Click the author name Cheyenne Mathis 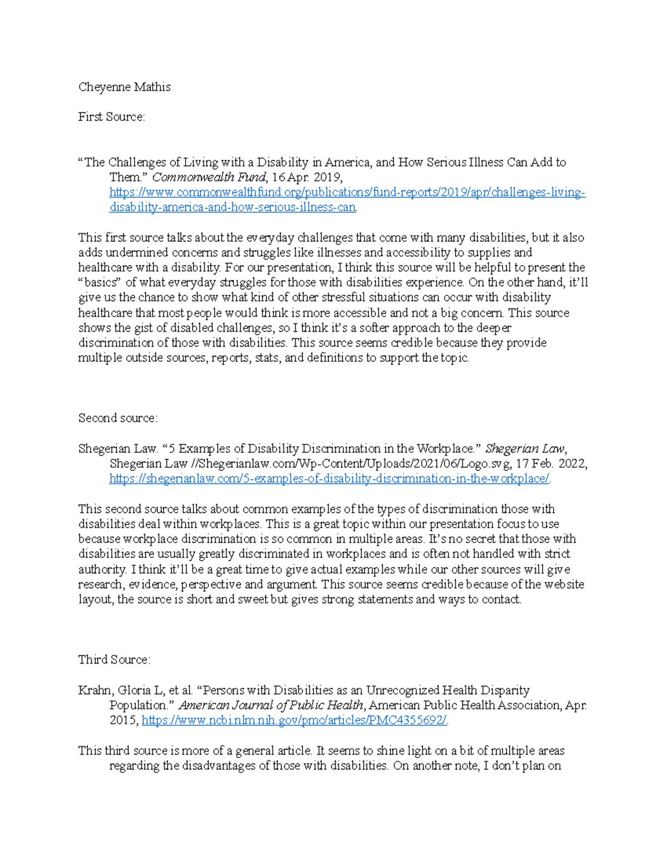124,87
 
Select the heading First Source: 111,117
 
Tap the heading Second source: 118,418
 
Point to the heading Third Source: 114,660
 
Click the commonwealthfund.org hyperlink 347,193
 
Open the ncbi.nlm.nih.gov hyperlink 294,720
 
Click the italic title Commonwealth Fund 208,177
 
